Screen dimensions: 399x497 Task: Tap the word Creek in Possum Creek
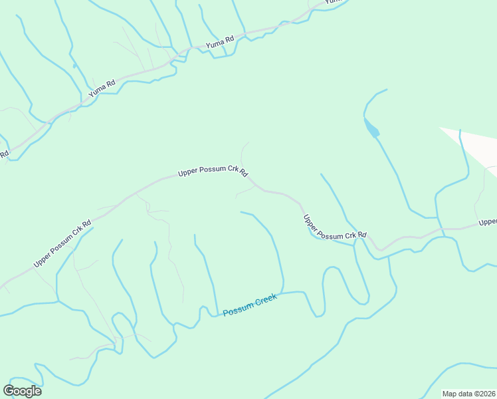(x=264, y=301)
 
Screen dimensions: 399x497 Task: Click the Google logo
(x=22, y=390)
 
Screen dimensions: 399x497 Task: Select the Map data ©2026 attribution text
(x=468, y=394)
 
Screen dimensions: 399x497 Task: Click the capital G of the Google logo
(x=9, y=390)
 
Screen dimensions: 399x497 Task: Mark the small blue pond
(x=371, y=126)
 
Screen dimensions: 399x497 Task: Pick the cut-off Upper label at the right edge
(x=488, y=221)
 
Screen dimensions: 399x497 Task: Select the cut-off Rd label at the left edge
(x=3, y=154)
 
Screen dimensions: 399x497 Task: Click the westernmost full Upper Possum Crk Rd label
(x=62, y=244)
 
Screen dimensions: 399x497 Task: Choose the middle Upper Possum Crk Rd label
(x=213, y=172)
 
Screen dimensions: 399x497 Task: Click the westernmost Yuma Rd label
(x=102, y=90)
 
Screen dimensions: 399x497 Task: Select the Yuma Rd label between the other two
(x=220, y=43)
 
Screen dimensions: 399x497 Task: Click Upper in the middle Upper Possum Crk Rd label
(x=188, y=174)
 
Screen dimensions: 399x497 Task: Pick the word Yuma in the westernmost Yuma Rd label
(x=97, y=92)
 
